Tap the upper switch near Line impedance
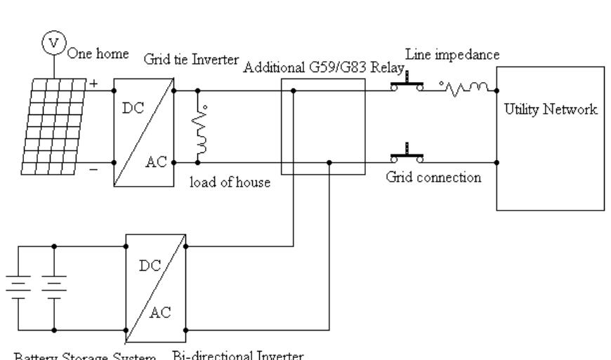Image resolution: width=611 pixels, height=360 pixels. (x=407, y=86)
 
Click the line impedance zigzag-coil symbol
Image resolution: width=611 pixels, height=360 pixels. (x=466, y=87)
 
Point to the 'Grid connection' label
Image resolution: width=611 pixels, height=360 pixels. (x=433, y=177)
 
